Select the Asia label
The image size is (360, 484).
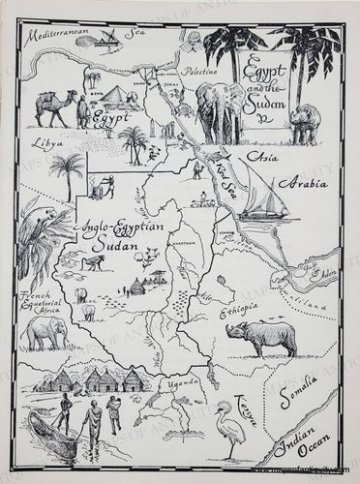point(259,157)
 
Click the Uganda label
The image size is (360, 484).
point(183,381)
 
